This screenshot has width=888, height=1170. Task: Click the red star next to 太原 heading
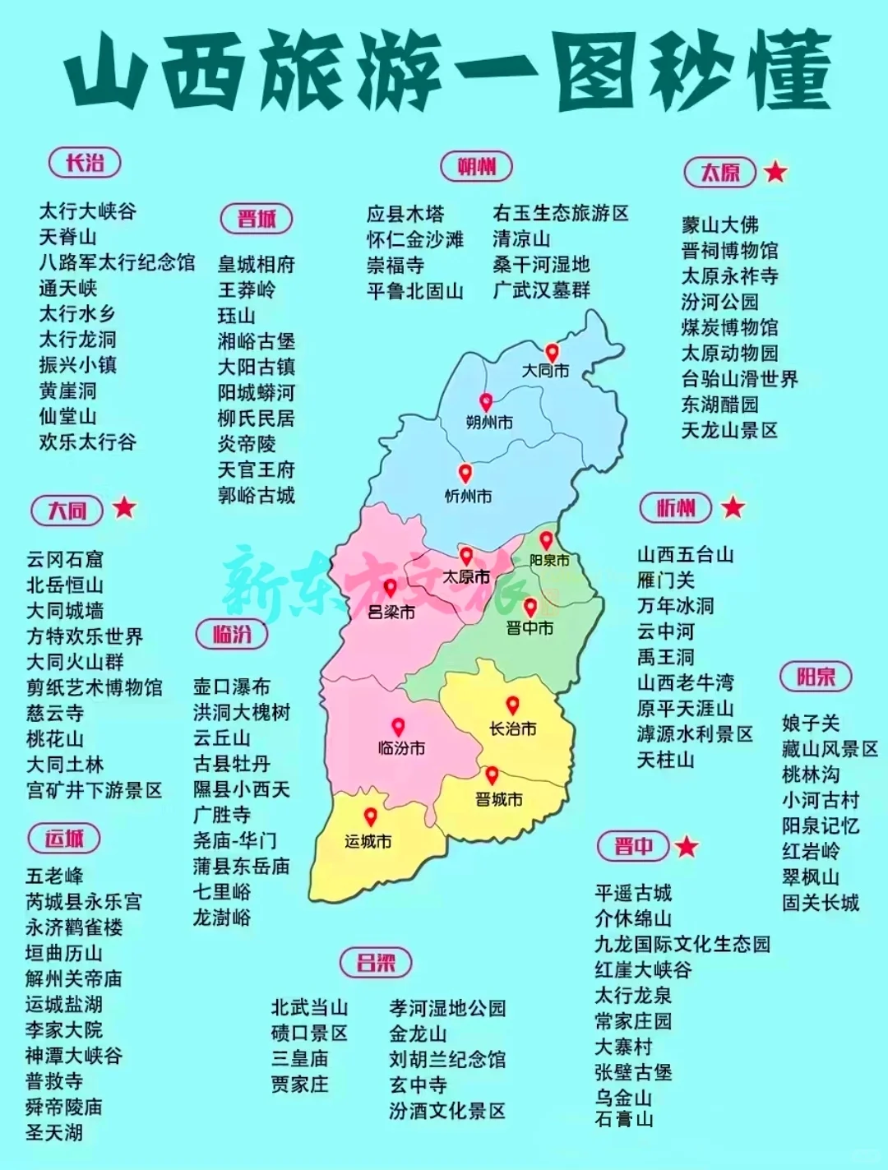(775, 172)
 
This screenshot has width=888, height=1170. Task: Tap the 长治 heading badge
(86, 163)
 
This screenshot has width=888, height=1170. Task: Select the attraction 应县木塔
(405, 214)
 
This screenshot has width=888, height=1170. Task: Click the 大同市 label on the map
(545, 371)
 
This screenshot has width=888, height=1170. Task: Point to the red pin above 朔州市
(486, 402)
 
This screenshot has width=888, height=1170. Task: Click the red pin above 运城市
(371, 816)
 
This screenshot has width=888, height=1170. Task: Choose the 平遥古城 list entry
(633, 893)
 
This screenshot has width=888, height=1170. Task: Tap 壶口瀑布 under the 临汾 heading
(232, 687)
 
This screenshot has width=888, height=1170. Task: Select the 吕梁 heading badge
(376, 962)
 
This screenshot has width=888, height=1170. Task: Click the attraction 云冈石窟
(65, 560)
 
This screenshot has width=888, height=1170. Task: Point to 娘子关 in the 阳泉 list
(811, 724)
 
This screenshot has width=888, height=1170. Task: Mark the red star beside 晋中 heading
(687, 846)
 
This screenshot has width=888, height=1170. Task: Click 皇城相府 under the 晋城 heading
(257, 264)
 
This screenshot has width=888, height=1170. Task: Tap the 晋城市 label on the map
(498, 799)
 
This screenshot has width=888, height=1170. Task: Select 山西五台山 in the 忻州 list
(686, 555)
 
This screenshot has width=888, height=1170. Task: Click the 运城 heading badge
(64, 839)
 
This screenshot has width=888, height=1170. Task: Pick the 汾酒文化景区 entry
(447, 1111)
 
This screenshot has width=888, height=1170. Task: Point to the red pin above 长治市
(512, 705)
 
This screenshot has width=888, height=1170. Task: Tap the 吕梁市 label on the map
(391, 613)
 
